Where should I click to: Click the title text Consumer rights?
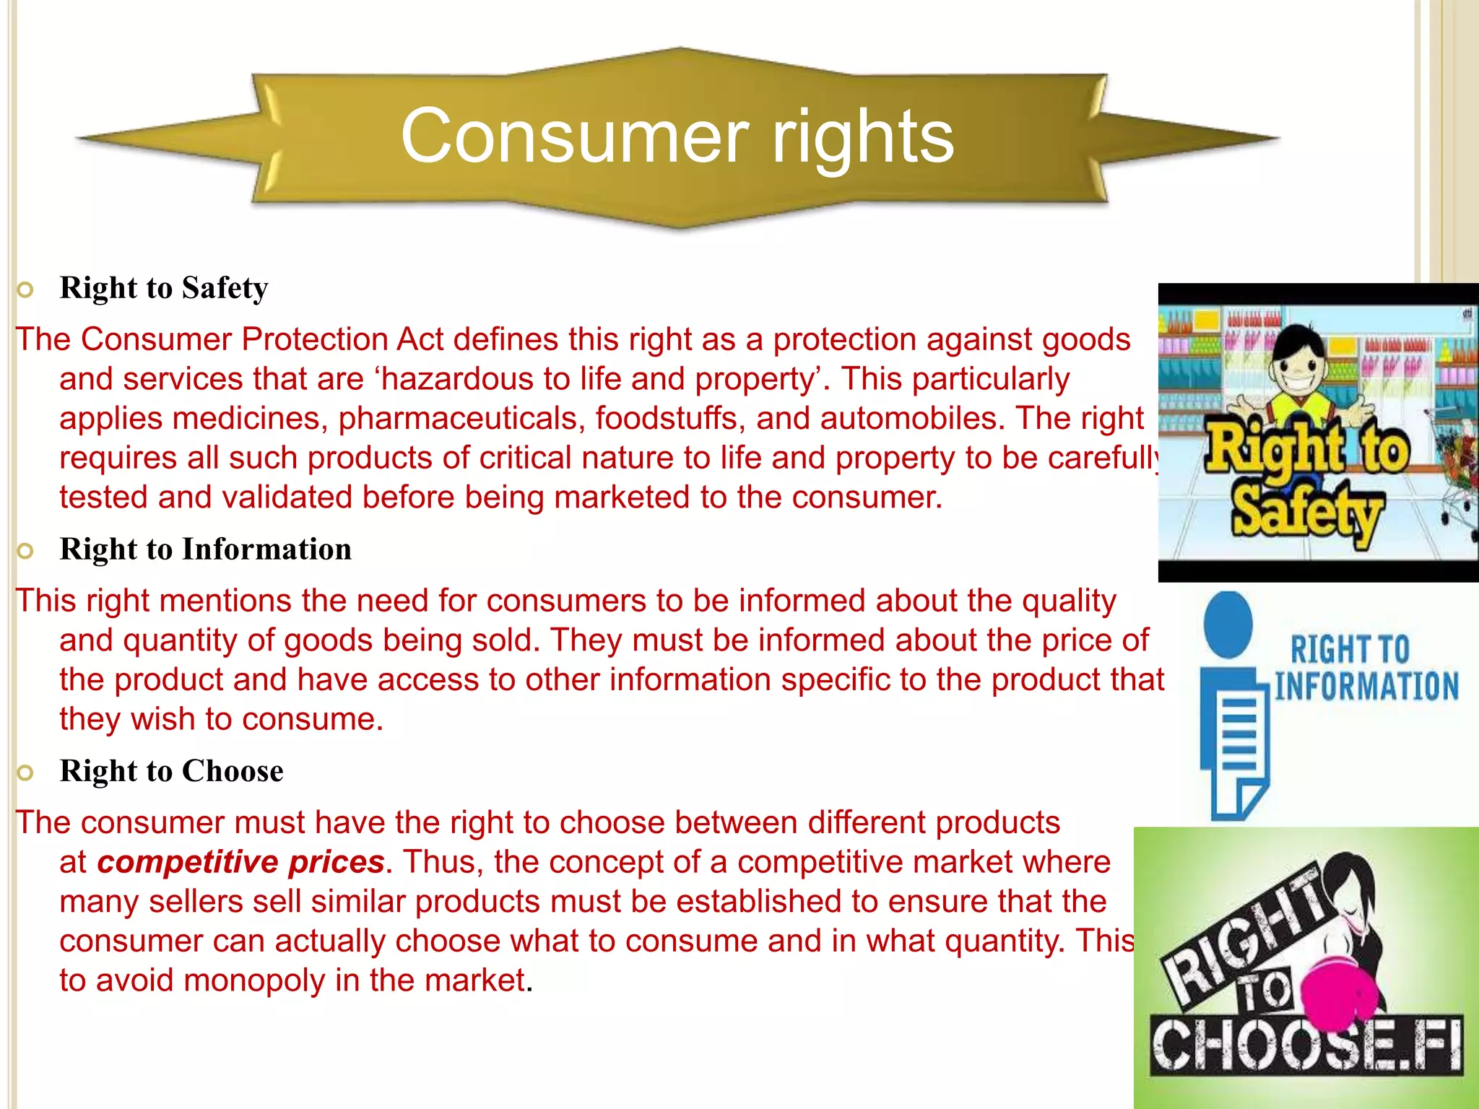[x=677, y=136]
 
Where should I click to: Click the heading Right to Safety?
[x=164, y=288]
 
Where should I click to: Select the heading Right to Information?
[x=205, y=549]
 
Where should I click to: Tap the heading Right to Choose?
[x=171, y=771]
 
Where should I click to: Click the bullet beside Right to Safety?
[x=25, y=290]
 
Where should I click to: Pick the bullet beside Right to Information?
[x=25, y=552]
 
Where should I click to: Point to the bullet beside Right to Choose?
[x=25, y=773]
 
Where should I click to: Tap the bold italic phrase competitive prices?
[x=240, y=862]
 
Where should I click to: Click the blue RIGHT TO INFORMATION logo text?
[x=1365, y=668]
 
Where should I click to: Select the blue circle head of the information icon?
[x=1228, y=625]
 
